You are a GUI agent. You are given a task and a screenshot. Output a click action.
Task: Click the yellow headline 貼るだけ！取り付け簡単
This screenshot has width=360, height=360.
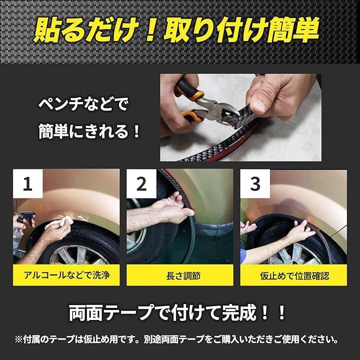pos(176,29)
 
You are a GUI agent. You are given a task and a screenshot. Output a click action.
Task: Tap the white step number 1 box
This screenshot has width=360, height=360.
pos(28,183)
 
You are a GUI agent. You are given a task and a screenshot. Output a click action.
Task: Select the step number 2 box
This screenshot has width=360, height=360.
pos(141,183)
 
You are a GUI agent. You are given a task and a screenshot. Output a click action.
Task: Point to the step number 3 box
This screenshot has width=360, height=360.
pos(255,183)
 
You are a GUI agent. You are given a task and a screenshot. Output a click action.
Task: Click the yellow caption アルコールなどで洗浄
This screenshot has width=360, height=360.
pos(66,275)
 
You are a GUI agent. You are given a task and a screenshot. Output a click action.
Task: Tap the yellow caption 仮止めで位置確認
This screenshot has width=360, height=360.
pos(294,275)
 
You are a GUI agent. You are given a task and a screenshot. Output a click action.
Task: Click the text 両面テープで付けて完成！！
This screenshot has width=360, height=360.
pos(177,312)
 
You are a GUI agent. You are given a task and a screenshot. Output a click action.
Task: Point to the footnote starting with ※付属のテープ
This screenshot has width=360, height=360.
pos(176,339)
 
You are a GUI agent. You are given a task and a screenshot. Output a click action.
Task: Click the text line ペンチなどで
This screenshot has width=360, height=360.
pos(83,104)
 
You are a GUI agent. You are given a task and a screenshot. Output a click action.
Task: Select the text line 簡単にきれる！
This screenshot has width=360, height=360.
pos(89,131)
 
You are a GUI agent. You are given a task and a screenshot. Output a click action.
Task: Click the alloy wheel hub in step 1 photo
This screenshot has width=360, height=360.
pos(78,255)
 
